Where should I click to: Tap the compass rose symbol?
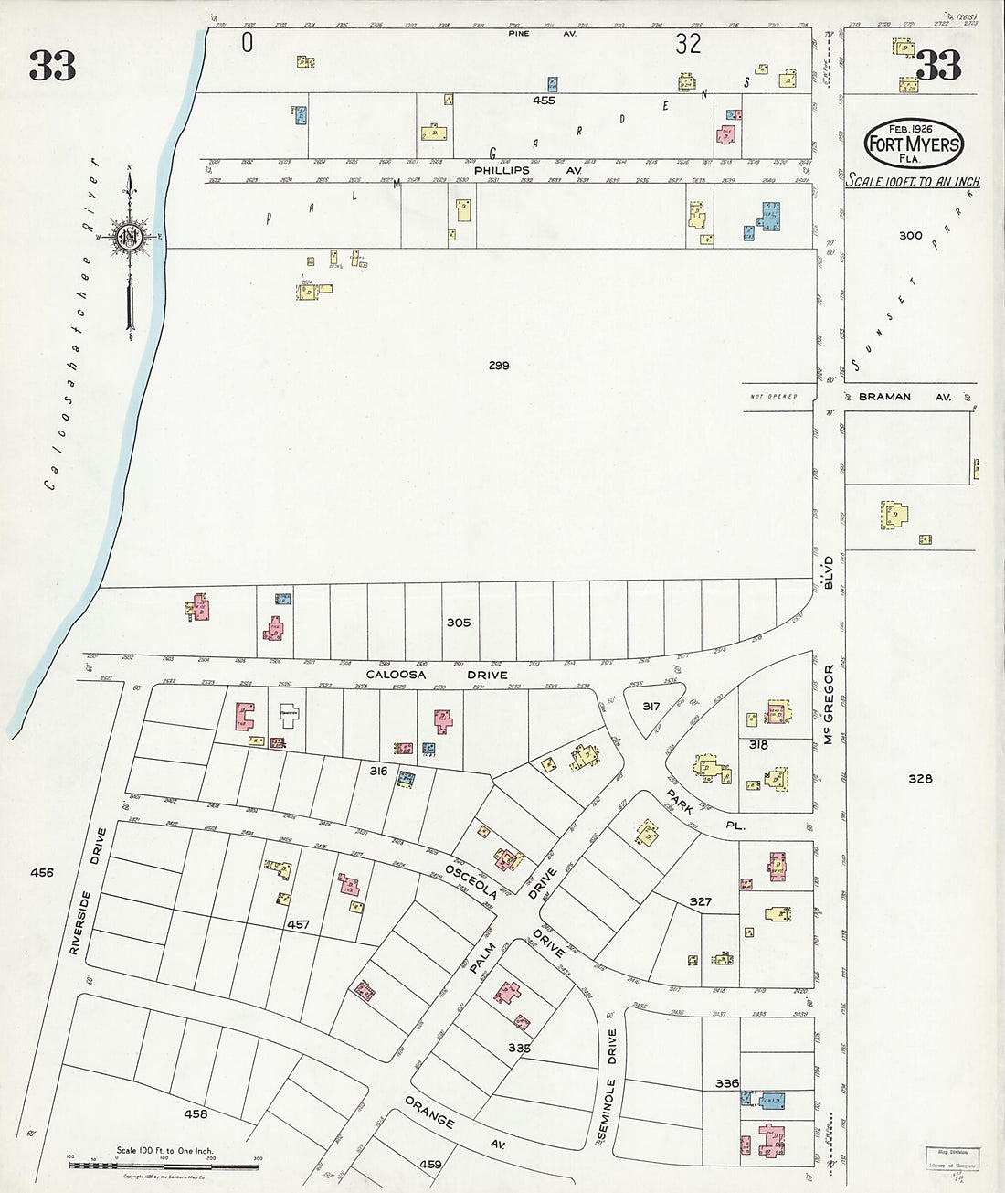click(x=130, y=236)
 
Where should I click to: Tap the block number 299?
click(x=498, y=366)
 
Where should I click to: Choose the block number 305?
click(x=458, y=623)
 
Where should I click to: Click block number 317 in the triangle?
click(x=651, y=706)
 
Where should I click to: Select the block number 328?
click(x=920, y=779)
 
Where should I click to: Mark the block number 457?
click(x=299, y=925)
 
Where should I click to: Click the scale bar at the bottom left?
click(x=164, y=1164)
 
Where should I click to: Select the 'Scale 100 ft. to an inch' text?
click(x=912, y=181)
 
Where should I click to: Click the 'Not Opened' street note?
click(x=772, y=397)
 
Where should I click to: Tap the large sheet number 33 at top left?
click(x=51, y=65)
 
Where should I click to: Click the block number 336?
click(x=727, y=1083)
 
